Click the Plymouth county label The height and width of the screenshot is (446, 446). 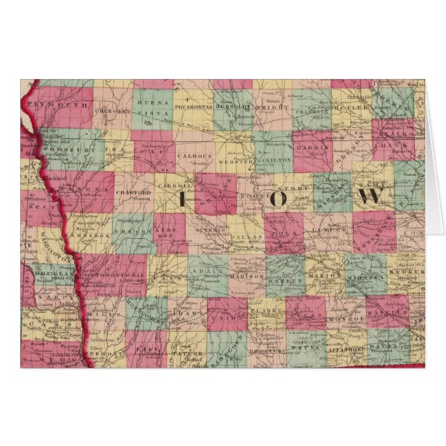67,104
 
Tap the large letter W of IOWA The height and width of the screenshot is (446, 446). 370,196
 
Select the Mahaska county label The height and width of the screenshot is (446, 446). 360,276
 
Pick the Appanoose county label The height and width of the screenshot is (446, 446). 346,350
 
